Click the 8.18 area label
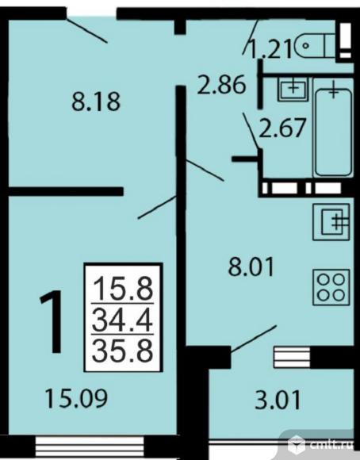click(x=96, y=102)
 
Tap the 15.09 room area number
click(x=76, y=398)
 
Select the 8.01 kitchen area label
click(x=251, y=266)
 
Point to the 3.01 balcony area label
click(x=278, y=401)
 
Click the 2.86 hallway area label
click(x=221, y=85)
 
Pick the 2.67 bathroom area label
click(x=283, y=128)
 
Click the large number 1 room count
click(x=52, y=322)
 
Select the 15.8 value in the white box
click(x=123, y=289)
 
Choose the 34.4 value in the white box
click(x=122, y=319)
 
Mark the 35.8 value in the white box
click(x=123, y=351)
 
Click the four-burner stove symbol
click(x=331, y=287)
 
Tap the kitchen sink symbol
click(x=331, y=222)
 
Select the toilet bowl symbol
click(x=315, y=46)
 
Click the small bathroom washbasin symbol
click(x=293, y=89)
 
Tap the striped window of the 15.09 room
click(x=90, y=447)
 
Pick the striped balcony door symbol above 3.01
click(x=292, y=357)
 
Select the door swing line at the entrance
click(x=87, y=30)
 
